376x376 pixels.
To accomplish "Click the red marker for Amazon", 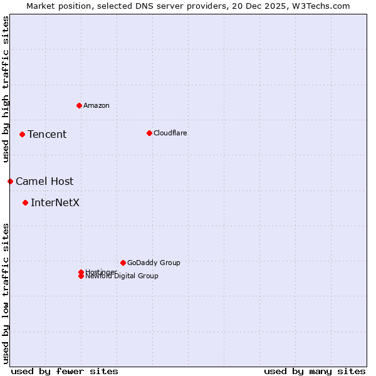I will point(79,105).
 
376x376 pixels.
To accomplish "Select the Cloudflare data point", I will point(149,133).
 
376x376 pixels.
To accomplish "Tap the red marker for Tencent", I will point(22,134).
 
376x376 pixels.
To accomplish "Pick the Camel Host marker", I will point(10,181).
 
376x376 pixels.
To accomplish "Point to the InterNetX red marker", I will point(25,202).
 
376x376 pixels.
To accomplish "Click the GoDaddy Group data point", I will point(123,263).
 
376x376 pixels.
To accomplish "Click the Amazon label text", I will point(97,105).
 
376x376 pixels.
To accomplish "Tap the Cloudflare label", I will point(170,133).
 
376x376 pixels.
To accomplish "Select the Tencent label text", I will point(47,134).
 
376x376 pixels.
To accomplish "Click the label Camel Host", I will point(44,181).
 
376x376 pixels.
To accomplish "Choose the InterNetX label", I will point(55,202).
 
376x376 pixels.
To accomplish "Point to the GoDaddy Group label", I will point(154,263).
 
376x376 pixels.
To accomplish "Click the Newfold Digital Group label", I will point(122,276).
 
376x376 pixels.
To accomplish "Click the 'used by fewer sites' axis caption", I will point(65,371).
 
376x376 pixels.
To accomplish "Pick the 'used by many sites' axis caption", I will point(315,371).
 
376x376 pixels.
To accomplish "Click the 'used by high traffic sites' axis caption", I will point(6,89).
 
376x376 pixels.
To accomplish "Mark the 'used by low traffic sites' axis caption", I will point(6,293).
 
